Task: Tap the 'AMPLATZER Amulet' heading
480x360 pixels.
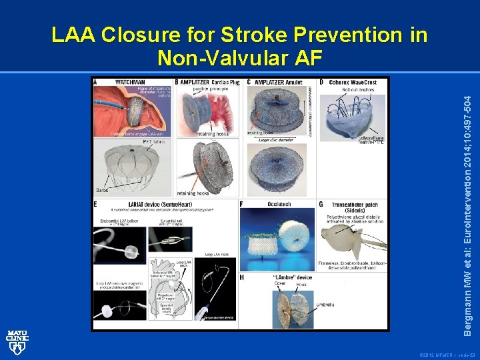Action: tap(279, 82)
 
